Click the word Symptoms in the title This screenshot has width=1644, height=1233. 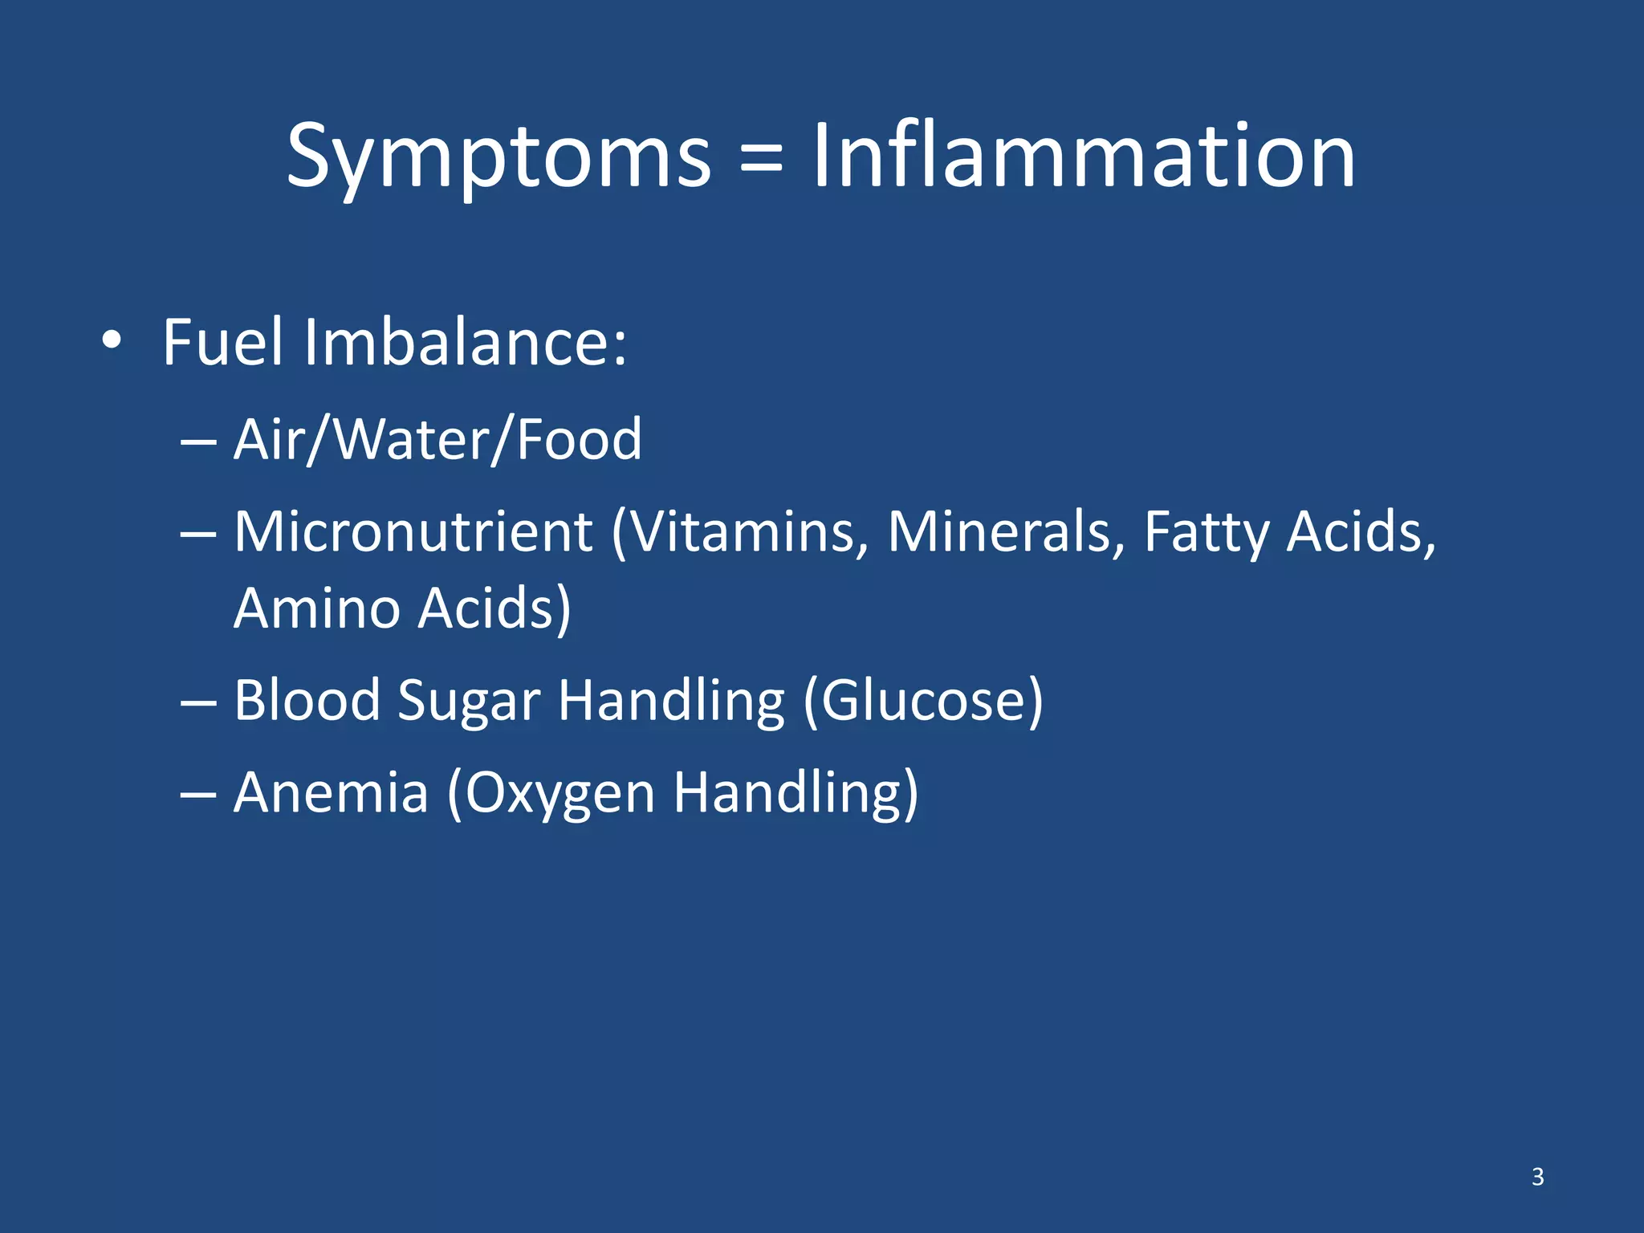pos(498,157)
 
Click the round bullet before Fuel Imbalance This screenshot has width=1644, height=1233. pos(112,341)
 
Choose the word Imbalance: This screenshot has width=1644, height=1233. pos(465,342)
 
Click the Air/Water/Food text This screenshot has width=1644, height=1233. pos(437,439)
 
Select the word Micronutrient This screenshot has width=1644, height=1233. pos(413,531)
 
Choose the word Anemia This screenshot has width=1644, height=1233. pos(331,792)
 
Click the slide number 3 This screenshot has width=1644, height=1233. pos(1537,1177)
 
